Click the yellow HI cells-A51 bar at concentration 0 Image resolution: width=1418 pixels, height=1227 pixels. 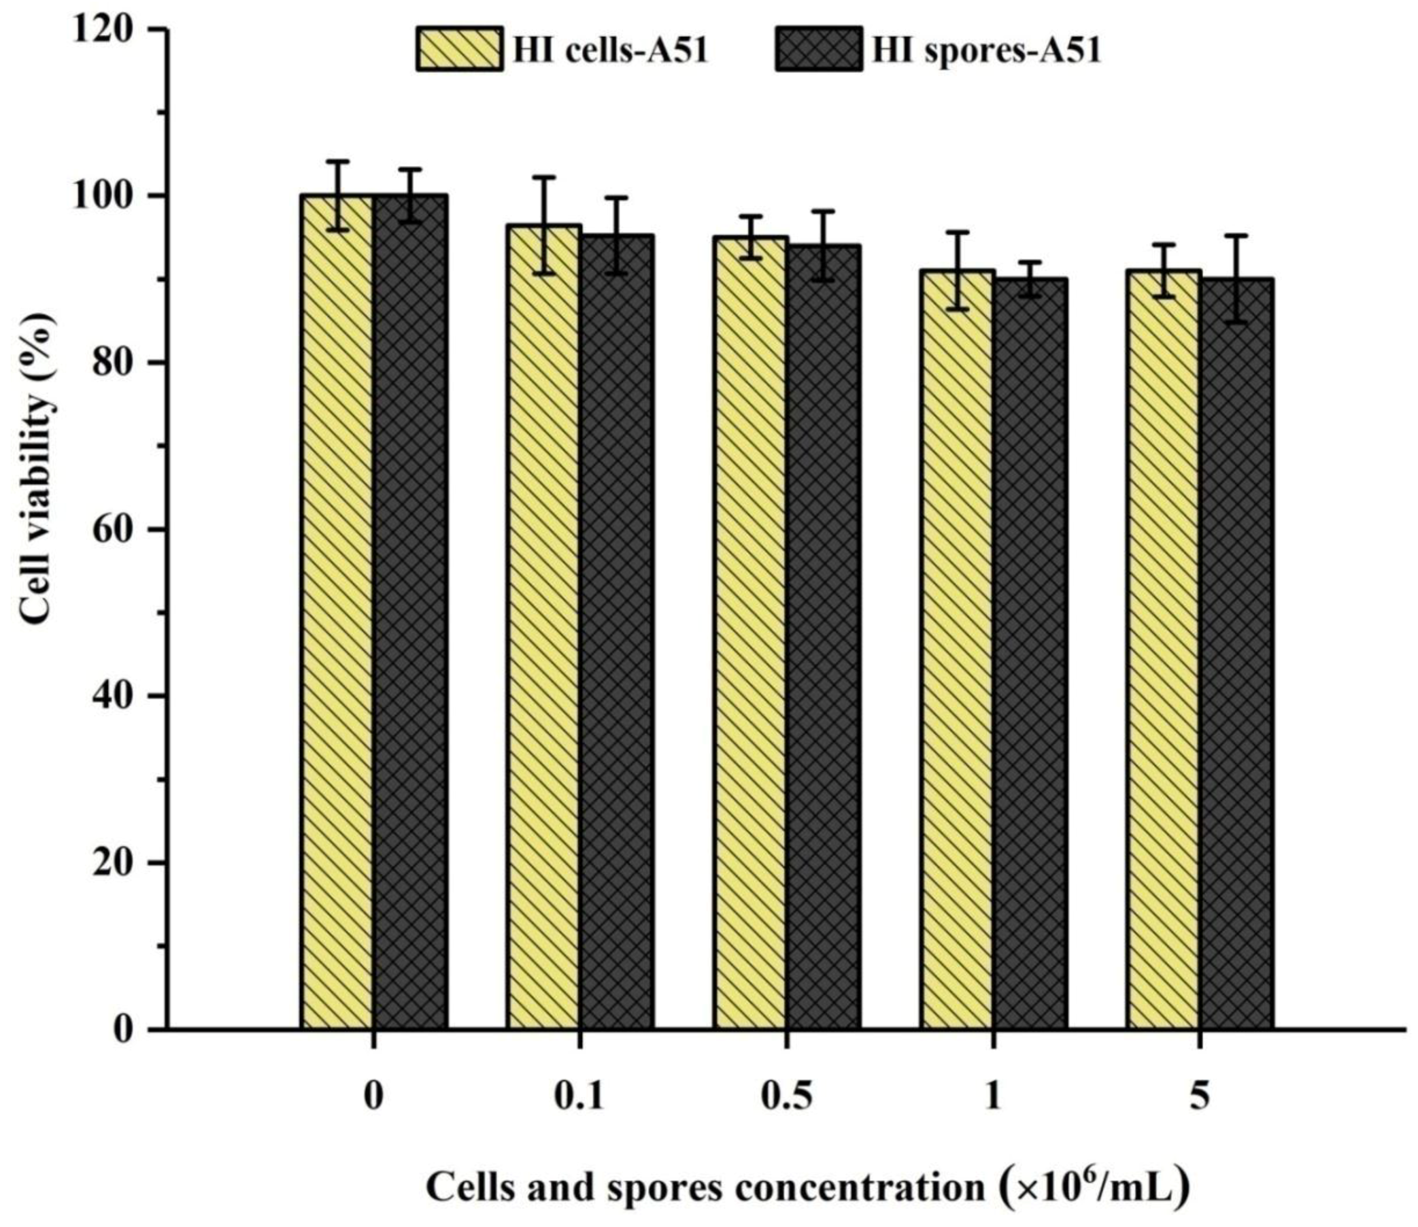(337, 616)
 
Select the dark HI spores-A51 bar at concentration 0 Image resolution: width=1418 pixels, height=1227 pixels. (410, 616)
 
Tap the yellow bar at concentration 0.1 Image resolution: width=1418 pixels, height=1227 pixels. (544, 630)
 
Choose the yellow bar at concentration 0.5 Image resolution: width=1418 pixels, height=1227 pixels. (751, 637)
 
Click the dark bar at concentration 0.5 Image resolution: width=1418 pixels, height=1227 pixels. (824, 640)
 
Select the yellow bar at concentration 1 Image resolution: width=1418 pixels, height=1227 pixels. (957, 650)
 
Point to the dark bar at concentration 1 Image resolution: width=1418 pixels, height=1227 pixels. (1031, 654)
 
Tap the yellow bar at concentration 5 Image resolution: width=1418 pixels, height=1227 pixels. (1164, 650)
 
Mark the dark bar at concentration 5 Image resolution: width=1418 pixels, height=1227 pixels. (1237, 654)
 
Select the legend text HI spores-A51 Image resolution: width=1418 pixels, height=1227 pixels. (986, 50)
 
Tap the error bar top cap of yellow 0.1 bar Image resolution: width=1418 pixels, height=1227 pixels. (544, 177)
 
